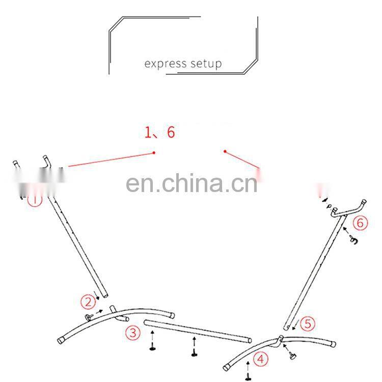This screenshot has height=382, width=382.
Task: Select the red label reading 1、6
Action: tap(160, 132)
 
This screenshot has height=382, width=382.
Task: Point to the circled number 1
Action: tap(35, 200)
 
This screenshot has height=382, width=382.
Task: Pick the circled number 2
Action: tap(88, 301)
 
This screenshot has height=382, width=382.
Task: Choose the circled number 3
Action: tap(132, 333)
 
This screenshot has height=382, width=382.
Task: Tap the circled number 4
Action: tap(261, 360)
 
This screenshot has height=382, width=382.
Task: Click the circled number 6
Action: tap(360, 222)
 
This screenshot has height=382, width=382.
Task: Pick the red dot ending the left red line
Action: tap(154, 152)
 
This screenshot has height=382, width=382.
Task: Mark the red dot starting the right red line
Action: tap(225, 151)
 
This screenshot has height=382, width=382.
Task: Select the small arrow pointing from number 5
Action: tap(295, 329)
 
